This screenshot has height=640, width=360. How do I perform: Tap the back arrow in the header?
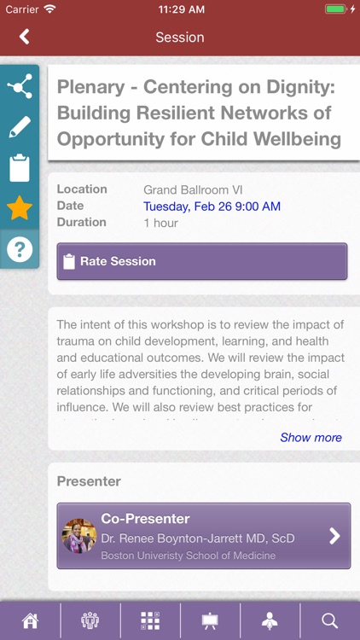coord(24,37)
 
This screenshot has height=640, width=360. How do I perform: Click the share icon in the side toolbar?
coord(20,86)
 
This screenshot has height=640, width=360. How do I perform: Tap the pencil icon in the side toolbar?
coord(20,127)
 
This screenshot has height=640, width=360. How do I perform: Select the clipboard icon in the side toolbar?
coord(20,168)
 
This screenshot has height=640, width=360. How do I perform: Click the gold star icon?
coord(20,208)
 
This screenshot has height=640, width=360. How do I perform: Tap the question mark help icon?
coord(20,249)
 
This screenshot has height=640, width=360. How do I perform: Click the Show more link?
coord(311,438)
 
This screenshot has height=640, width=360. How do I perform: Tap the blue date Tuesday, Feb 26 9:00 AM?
coord(212,207)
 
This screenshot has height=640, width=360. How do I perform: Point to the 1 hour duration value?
coord(160,223)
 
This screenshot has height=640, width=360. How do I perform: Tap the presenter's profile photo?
coord(79,536)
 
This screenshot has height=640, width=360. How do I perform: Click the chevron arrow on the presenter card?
coord(334,536)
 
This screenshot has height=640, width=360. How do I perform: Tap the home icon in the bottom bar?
coord(30,620)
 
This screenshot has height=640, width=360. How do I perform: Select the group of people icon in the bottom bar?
coord(90,620)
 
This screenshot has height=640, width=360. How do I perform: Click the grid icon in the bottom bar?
coord(150,620)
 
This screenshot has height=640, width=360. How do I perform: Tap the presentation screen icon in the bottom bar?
coord(210,620)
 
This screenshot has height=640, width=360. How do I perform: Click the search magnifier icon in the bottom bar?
coord(329,620)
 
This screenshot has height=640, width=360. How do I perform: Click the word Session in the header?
coord(180,37)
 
